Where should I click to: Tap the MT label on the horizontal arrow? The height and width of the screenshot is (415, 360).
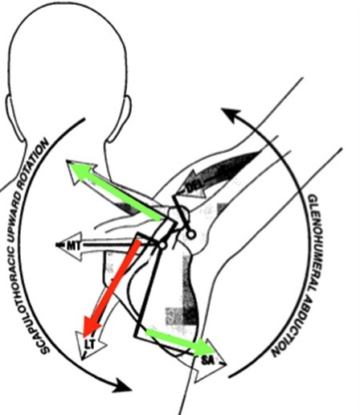(73, 245)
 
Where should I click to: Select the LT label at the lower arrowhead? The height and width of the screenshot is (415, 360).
(90, 344)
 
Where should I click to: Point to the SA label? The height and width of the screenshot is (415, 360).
(208, 360)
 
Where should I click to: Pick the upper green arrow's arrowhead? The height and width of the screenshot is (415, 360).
(79, 171)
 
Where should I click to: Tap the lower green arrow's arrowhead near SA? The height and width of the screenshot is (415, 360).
(206, 347)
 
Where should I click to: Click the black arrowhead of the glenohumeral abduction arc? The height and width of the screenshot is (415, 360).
(231, 114)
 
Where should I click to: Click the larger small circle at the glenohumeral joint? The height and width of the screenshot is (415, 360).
(190, 235)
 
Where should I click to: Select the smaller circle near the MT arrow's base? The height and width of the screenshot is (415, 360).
(162, 244)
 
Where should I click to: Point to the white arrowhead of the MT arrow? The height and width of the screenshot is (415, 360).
(70, 245)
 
